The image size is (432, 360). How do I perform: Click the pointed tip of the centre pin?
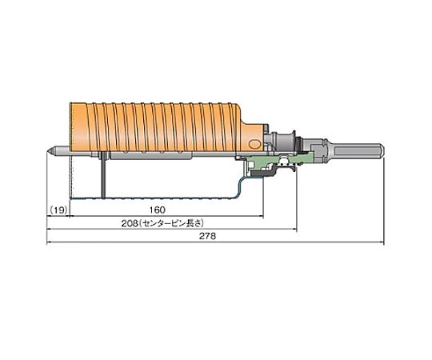click(x=47, y=150)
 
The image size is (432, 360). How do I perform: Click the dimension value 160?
click(x=158, y=210)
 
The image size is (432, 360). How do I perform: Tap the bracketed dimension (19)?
click(x=58, y=210)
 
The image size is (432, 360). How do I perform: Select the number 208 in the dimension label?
click(x=130, y=223)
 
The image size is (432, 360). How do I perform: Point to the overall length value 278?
click(x=208, y=236)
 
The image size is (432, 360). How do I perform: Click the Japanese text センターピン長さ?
click(x=171, y=223)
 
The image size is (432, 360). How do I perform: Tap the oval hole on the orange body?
click(x=254, y=144)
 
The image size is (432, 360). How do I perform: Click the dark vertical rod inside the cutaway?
click(x=103, y=176)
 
